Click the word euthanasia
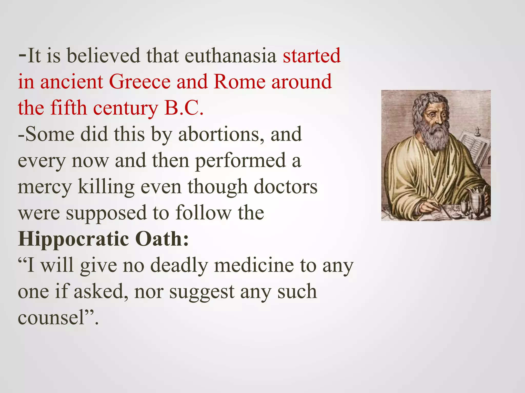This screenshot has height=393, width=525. click(x=230, y=56)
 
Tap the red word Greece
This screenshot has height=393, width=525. click(x=140, y=82)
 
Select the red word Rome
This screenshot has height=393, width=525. click(x=240, y=82)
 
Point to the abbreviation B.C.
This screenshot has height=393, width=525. click(x=184, y=108)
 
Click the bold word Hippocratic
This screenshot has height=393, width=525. click(x=74, y=239)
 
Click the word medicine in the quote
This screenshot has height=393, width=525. click(x=254, y=265)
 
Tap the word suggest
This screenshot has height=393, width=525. click(x=202, y=292)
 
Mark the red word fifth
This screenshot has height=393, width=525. click(x=68, y=108)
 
